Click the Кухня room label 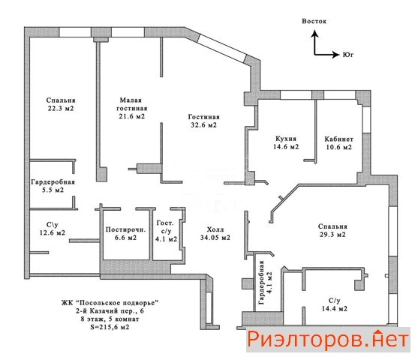(x=286, y=139)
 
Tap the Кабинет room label (x=338, y=139)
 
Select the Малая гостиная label (x=131, y=104)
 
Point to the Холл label (x=215, y=229)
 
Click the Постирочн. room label (x=125, y=229)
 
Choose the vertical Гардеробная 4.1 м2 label (x=265, y=283)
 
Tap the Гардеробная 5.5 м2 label (x=53, y=186)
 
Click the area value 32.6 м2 (x=203, y=125)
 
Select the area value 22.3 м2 (x=61, y=109)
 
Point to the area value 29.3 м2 (x=332, y=235)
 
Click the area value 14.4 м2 (x=334, y=309)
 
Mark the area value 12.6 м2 (x=53, y=232)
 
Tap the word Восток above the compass (x=314, y=21)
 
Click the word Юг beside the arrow (x=348, y=55)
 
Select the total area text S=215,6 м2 (x=110, y=327)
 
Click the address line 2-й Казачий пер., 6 (x=110, y=311)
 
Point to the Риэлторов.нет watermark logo (x=328, y=340)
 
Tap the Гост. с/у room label (x=166, y=231)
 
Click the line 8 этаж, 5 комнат (x=110, y=319)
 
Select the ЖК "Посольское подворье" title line (x=110, y=303)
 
